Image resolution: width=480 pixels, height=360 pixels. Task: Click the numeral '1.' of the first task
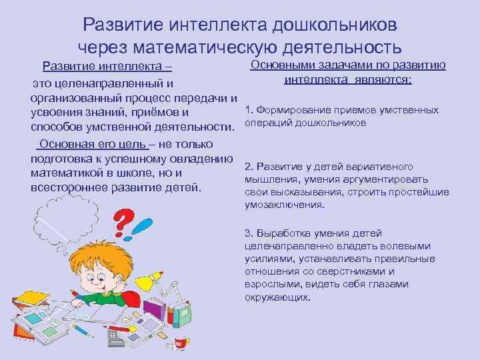pyautogui.click(x=249, y=110)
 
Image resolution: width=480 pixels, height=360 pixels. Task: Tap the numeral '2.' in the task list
pyautogui.click(x=250, y=166)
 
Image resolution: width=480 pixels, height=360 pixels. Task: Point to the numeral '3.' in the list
pyautogui.click(x=250, y=233)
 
